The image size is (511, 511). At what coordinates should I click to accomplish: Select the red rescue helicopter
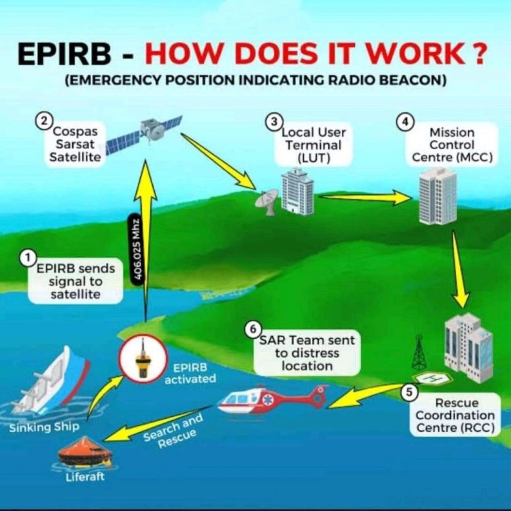[268, 400]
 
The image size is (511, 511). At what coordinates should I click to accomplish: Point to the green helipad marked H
[434, 378]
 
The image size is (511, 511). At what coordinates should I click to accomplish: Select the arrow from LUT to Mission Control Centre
[364, 197]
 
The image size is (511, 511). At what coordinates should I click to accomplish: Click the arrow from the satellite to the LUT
[218, 161]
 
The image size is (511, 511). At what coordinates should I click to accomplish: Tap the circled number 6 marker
[253, 329]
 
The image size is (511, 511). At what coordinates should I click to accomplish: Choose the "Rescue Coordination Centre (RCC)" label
[455, 415]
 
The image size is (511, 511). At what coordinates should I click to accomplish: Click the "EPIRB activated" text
[190, 373]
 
